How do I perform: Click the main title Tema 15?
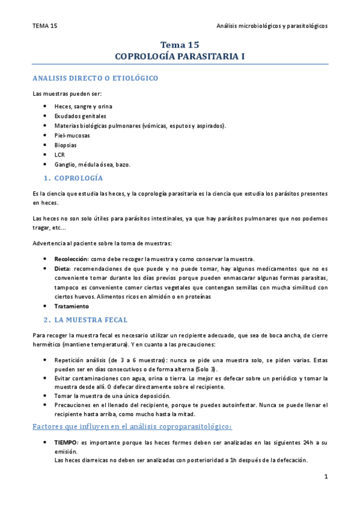(x=180, y=45)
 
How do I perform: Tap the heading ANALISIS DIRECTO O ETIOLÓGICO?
(x=95, y=78)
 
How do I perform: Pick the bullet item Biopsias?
(x=66, y=145)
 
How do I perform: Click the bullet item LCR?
(x=59, y=155)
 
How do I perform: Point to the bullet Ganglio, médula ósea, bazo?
(x=92, y=164)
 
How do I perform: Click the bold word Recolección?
(x=70, y=258)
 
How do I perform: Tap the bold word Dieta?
(x=63, y=268)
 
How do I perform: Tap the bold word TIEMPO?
(x=66, y=442)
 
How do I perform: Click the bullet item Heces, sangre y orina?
(x=83, y=106)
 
